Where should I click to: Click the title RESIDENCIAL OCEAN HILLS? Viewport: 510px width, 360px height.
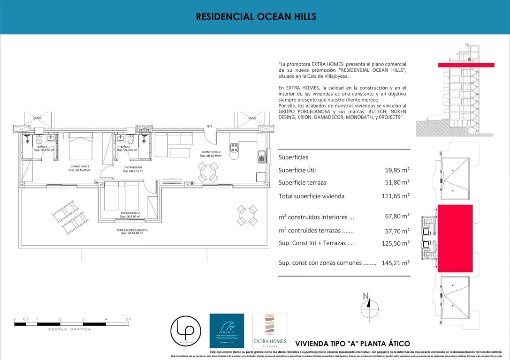pos(256,17)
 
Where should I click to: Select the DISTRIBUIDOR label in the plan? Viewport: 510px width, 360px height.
pos(133,167)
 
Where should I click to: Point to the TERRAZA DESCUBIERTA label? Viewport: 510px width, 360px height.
pos(132,231)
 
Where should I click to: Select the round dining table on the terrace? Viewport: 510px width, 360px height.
pos(246,215)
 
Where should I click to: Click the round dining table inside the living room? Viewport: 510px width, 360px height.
pos(208,172)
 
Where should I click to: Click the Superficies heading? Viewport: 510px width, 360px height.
pos(293,157)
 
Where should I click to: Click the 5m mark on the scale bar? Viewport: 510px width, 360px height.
pos(128,319)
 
